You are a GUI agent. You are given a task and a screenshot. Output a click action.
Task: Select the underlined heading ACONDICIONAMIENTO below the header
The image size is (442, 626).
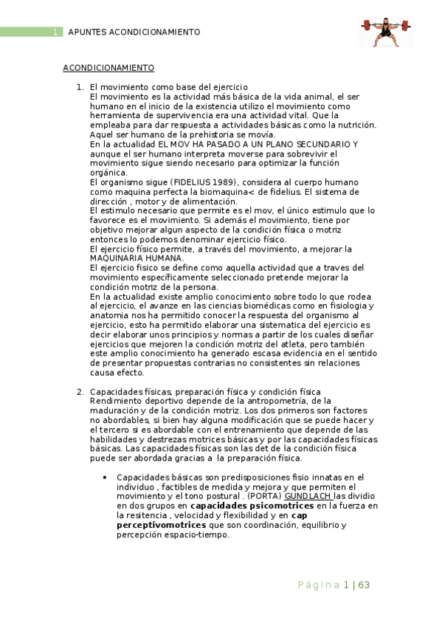click(x=108, y=68)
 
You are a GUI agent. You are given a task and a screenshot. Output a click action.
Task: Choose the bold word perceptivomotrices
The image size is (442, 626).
click(x=160, y=525)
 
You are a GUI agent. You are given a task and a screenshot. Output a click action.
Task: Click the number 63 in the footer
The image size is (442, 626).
click(x=364, y=585)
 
